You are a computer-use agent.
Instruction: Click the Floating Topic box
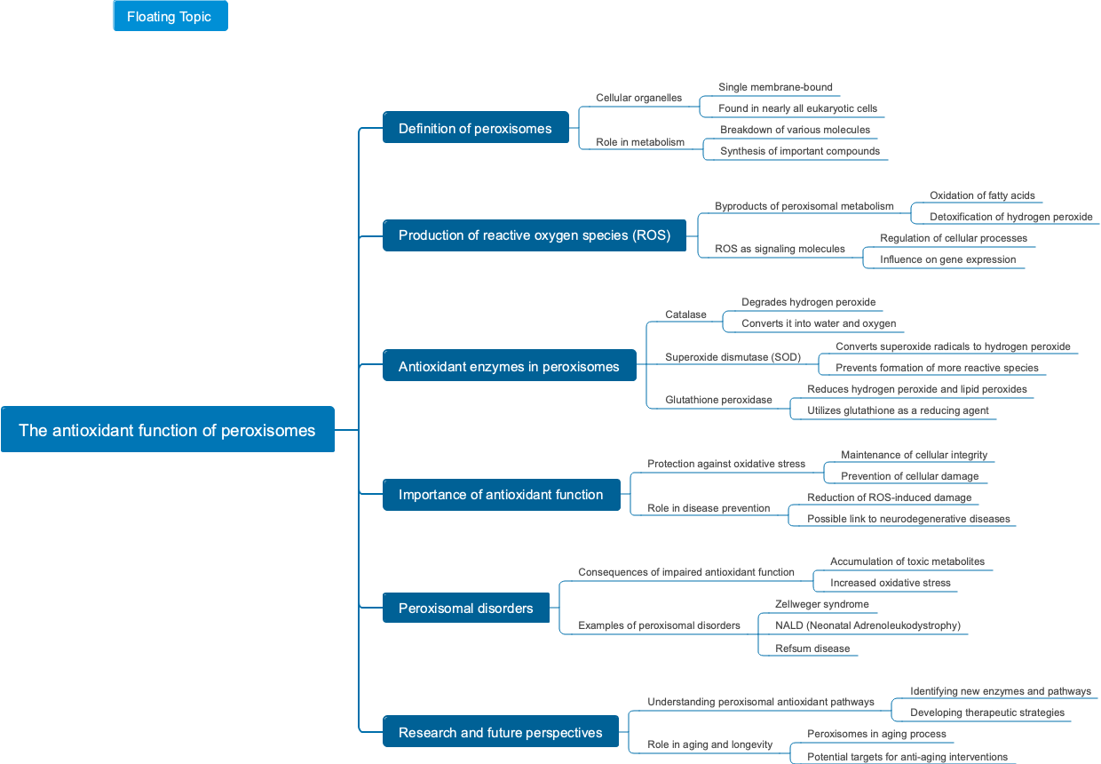[x=170, y=16]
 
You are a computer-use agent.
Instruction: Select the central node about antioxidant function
[x=167, y=430]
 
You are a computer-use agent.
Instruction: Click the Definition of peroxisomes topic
[x=475, y=128]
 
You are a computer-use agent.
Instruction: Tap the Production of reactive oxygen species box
[x=534, y=235]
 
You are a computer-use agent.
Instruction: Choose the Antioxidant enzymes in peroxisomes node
[x=509, y=366]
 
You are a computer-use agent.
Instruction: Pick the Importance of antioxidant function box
[x=501, y=494]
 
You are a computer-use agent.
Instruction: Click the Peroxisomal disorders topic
[x=465, y=608]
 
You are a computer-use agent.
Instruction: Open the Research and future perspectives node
[x=500, y=732]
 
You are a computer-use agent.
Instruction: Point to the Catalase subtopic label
[x=685, y=314]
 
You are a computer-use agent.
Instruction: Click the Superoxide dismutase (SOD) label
[x=733, y=357]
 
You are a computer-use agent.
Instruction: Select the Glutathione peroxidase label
[x=718, y=401]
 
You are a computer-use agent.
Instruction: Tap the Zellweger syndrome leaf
[x=821, y=604]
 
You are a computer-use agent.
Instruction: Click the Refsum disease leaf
[x=812, y=649]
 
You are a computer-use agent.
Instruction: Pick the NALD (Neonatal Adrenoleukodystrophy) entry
[x=867, y=625]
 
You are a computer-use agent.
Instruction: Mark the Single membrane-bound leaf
[x=775, y=87]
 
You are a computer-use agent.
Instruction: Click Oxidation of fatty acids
[x=981, y=195]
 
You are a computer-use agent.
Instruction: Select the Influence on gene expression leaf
[x=947, y=259]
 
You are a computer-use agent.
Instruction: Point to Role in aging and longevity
[x=709, y=744]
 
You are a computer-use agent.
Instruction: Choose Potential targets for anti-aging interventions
[x=907, y=757]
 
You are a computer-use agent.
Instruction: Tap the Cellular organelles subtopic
[x=638, y=98]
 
